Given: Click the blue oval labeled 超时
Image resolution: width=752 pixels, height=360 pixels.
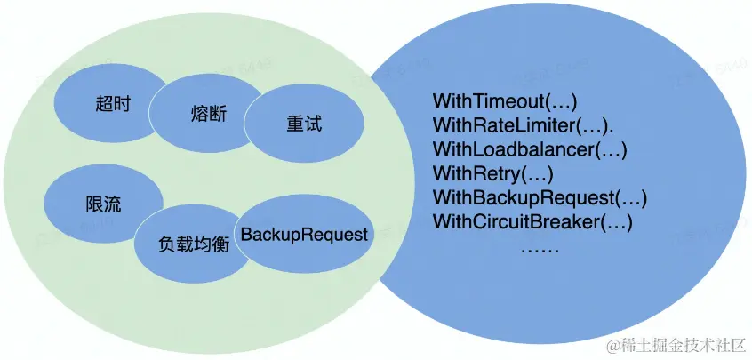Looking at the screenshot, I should point(112,103).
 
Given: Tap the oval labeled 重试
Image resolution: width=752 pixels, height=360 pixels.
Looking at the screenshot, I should point(304,124).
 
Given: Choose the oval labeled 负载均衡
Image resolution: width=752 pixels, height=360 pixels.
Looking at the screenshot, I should point(194,243).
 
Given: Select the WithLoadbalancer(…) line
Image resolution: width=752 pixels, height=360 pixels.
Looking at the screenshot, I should point(530,148).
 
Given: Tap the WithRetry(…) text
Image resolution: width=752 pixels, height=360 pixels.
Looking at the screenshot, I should point(492,172).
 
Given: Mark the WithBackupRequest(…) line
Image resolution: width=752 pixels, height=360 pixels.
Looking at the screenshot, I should point(540,196).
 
